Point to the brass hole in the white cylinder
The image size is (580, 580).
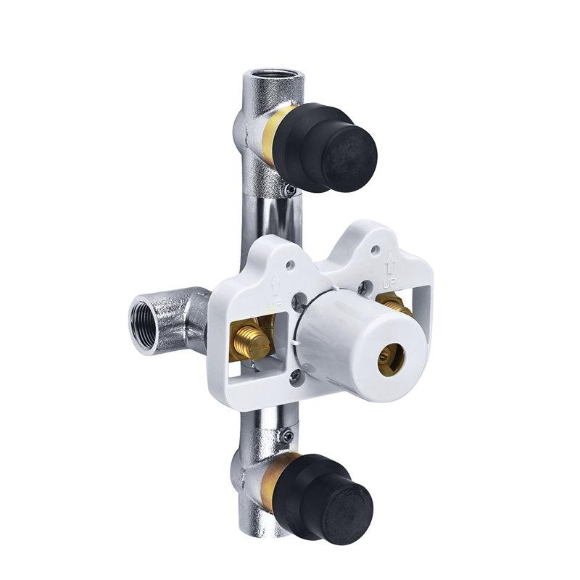pyautogui.click(x=391, y=357)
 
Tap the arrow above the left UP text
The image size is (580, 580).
pyautogui.click(x=276, y=284)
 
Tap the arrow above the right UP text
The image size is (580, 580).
pyautogui.click(x=390, y=262)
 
